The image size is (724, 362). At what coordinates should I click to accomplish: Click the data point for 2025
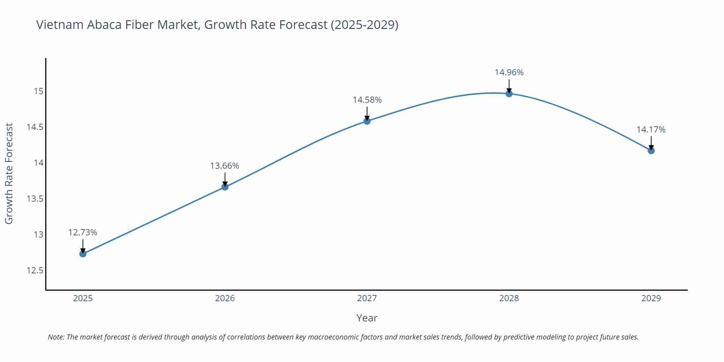click(x=83, y=254)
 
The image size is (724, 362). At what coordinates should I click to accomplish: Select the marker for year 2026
click(x=225, y=187)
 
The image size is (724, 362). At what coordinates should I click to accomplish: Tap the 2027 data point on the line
click(x=367, y=121)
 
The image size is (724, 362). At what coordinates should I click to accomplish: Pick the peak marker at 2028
click(x=509, y=94)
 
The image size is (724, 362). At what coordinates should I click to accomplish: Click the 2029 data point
click(x=651, y=150)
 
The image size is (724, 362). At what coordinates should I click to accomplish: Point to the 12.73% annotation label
click(x=83, y=232)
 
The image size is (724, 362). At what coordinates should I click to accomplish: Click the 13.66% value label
click(x=224, y=166)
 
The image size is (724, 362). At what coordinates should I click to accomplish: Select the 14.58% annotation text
click(x=367, y=100)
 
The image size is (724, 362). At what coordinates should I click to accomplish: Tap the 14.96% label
click(x=509, y=72)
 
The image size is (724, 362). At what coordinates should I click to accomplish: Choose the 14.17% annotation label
click(x=651, y=130)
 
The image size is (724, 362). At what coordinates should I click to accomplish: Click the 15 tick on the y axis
click(x=38, y=91)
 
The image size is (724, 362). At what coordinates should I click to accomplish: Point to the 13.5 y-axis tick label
click(x=35, y=199)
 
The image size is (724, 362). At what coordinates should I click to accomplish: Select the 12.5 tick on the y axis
click(x=35, y=270)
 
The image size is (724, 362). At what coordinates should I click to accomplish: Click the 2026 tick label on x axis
click(x=225, y=298)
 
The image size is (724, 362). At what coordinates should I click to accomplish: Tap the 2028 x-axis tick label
click(x=509, y=298)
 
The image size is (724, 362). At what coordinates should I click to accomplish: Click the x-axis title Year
click(x=367, y=318)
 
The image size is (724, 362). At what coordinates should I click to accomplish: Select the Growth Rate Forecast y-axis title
click(x=9, y=173)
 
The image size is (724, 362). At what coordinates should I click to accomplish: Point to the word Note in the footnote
click(x=56, y=337)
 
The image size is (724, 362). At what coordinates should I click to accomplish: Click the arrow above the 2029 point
click(x=651, y=143)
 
